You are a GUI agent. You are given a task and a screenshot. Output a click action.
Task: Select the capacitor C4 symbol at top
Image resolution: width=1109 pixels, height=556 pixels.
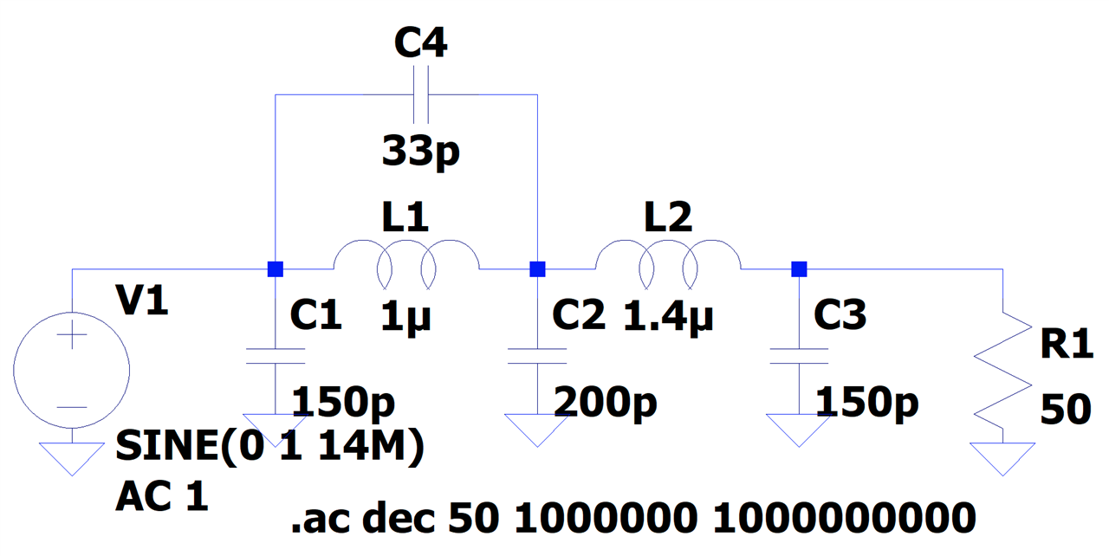pos(421,94)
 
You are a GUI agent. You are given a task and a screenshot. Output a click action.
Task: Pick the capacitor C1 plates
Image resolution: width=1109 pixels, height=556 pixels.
pos(276,356)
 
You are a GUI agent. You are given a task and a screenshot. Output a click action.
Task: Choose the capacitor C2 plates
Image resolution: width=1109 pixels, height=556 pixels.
pos(537,356)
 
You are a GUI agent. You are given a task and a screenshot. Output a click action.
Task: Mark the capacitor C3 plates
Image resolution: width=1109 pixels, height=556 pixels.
pos(799,356)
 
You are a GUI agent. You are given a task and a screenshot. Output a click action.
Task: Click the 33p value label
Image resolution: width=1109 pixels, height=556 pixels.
pos(421,152)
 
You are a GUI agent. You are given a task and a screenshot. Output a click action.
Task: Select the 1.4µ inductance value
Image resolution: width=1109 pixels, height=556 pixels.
pos(668,317)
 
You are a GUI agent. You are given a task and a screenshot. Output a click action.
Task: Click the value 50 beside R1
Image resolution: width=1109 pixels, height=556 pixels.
pos(1066,410)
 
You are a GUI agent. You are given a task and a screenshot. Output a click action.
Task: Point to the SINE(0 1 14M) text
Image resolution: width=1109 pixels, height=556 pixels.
pos(269,447)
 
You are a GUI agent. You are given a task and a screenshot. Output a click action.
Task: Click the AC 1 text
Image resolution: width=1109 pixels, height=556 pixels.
pos(162,496)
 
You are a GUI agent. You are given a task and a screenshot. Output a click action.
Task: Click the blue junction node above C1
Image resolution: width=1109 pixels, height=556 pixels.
pos(276,269)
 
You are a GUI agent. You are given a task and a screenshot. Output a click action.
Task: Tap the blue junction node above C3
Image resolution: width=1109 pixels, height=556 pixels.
pos(799,269)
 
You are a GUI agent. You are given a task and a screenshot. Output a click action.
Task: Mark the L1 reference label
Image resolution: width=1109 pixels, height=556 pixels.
pos(405,217)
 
